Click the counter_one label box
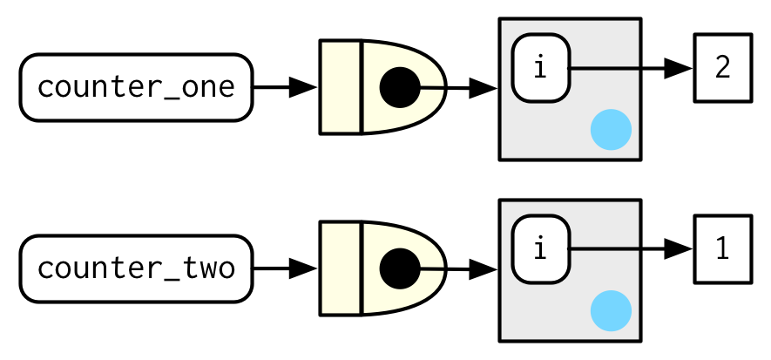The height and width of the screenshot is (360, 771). coord(136,87)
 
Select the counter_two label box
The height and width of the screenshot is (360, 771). coord(136,268)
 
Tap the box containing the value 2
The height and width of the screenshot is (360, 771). coord(722,68)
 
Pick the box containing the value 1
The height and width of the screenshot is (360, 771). coord(722,249)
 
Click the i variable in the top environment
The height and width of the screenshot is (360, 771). coord(540,68)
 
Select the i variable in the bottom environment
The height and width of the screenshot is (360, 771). coord(540,249)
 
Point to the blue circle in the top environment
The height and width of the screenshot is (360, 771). coord(611,130)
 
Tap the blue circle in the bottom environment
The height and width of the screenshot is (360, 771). coord(611,311)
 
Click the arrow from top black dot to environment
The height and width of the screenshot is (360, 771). coord(457,87)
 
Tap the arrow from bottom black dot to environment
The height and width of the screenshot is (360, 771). coord(457,268)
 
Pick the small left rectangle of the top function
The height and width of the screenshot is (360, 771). coord(341,87)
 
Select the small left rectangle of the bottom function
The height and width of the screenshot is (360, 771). coord(341,268)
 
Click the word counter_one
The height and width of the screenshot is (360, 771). coord(136,87)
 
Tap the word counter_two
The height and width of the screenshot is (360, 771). coord(136,268)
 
